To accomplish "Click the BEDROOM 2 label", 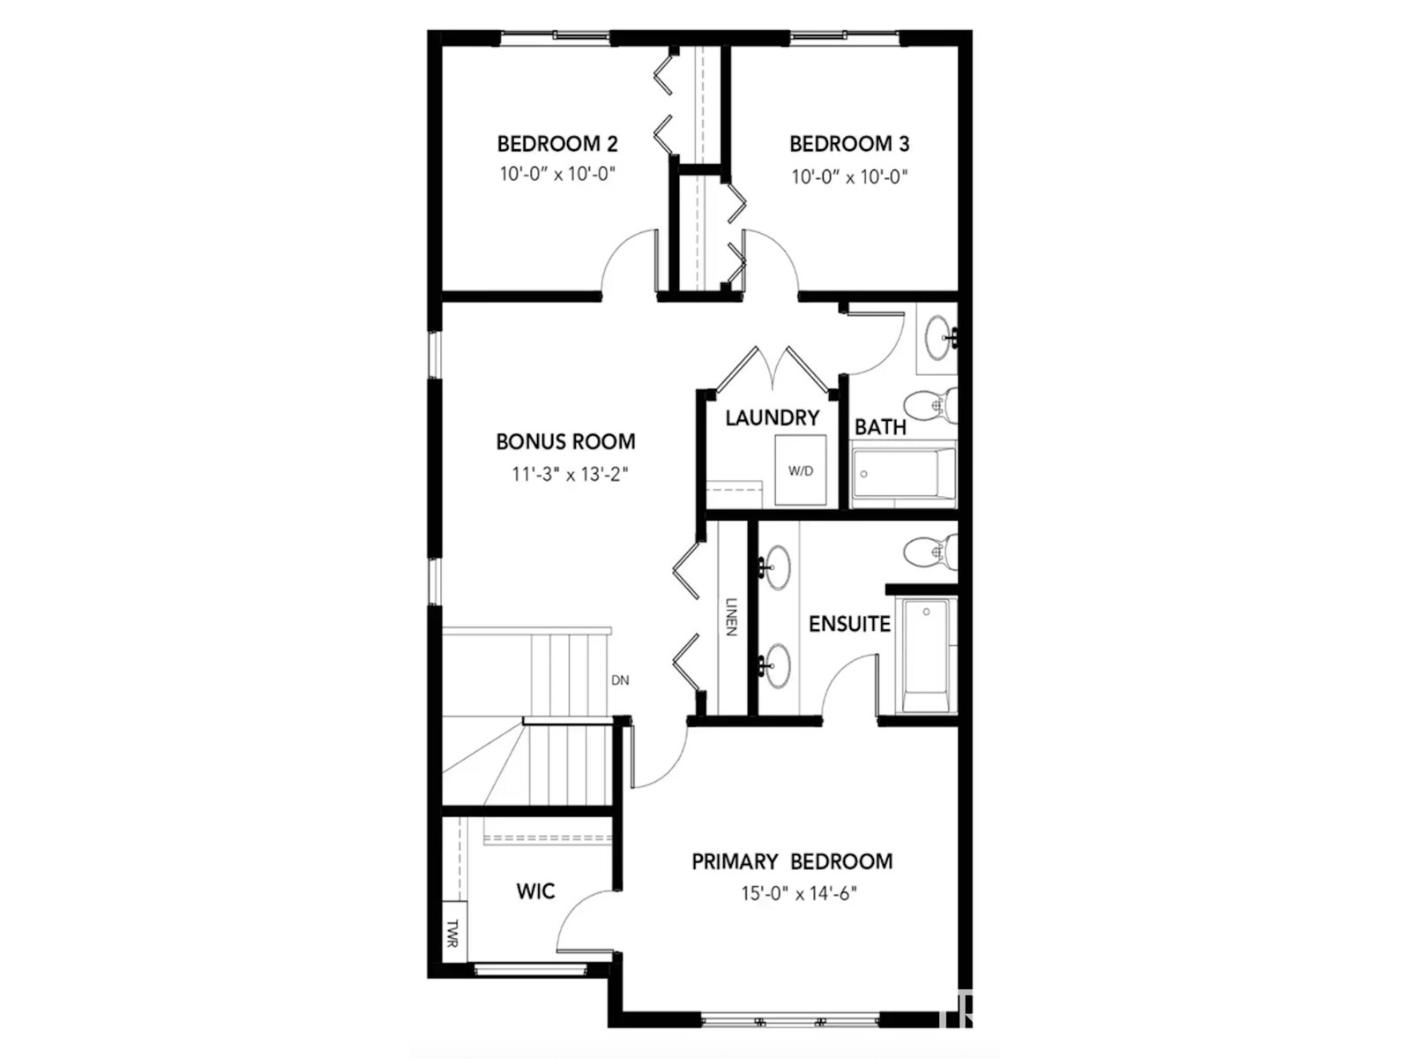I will coord(557,144).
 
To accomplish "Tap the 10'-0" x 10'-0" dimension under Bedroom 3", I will coord(848,176).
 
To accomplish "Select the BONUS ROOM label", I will coord(565,441).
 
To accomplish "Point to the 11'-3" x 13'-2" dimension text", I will coord(570,475).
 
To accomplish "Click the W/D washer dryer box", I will coord(801,470).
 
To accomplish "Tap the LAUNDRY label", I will coord(773,418).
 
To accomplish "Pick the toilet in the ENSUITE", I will coord(929,552).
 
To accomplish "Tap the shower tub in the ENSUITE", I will coord(926,655).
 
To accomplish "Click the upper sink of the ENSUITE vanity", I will coord(777,567).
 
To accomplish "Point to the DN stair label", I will coord(620,680).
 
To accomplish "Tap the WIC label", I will coord(535,891).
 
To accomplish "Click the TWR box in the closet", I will coord(452,934).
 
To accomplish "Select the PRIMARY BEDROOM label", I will coord(791,861).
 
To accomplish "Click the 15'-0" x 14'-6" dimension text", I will coord(798,894).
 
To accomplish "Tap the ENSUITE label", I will coord(848,624).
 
